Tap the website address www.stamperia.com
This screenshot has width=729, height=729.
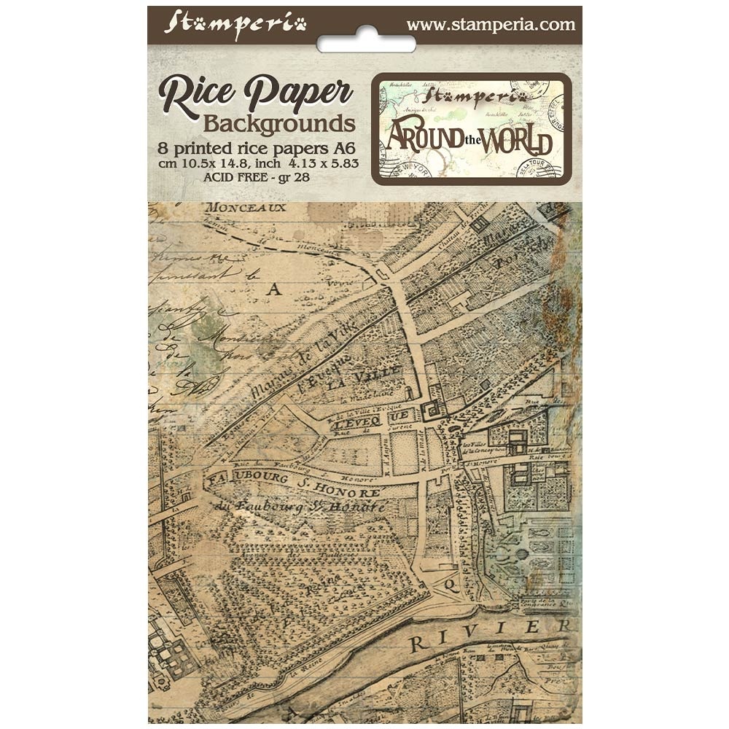click(x=491, y=24)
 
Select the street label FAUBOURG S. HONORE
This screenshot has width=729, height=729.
click(x=288, y=485)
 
